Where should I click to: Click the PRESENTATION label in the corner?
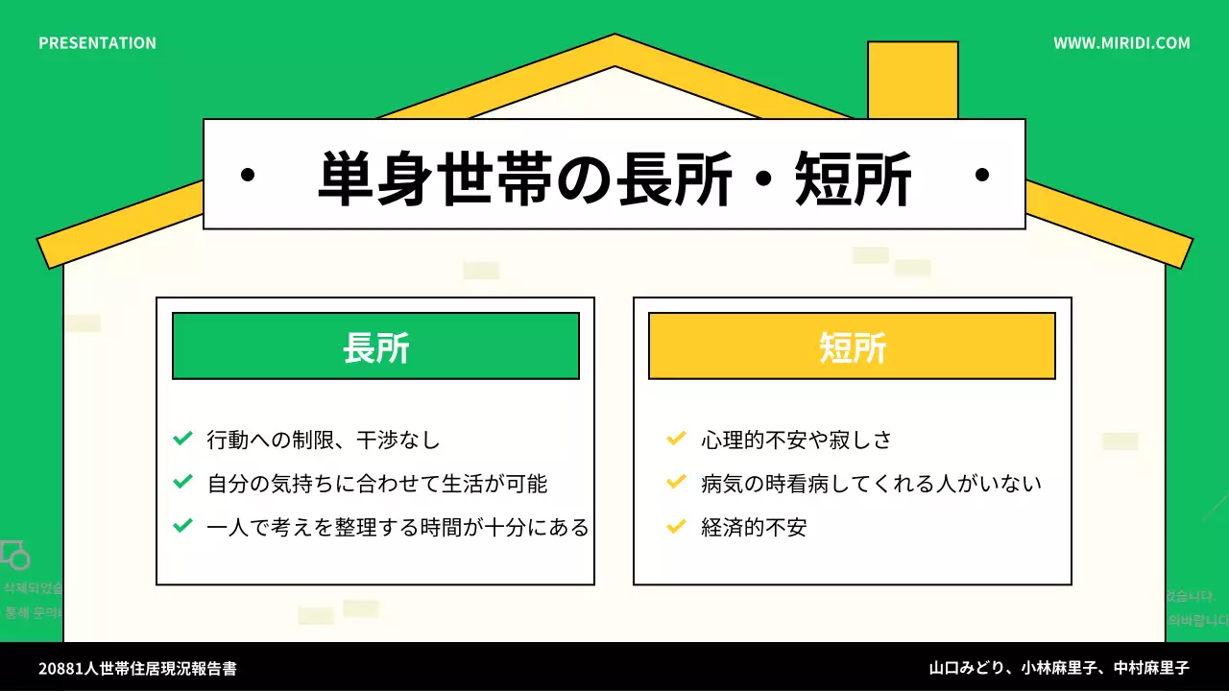pos(97,43)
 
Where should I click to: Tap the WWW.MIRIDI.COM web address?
pos(1121,43)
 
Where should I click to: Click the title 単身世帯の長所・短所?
pos(614,178)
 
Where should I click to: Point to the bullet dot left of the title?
pos(248,176)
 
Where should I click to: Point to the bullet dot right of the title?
pos(981,176)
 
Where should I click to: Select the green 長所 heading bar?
pos(375,346)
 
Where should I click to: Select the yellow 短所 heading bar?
pos(852,346)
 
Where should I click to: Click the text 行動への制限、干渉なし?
pos(324,441)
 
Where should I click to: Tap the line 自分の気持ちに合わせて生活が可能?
pos(377,484)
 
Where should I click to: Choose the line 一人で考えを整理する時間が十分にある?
pos(398,527)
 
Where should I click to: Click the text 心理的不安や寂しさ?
pos(797,441)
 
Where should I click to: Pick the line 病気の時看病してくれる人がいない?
pos(872,484)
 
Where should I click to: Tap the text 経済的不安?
pos(754,527)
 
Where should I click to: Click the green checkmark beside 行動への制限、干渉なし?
pos(182,440)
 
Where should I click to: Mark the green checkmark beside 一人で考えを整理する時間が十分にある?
pos(182,526)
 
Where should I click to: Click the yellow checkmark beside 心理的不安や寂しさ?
pos(676,440)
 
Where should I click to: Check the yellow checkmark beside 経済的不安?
pos(676,526)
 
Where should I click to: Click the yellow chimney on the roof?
pos(912,79)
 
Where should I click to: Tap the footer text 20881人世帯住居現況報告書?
pos(137,668)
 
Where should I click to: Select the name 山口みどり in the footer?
pos(967,668)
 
